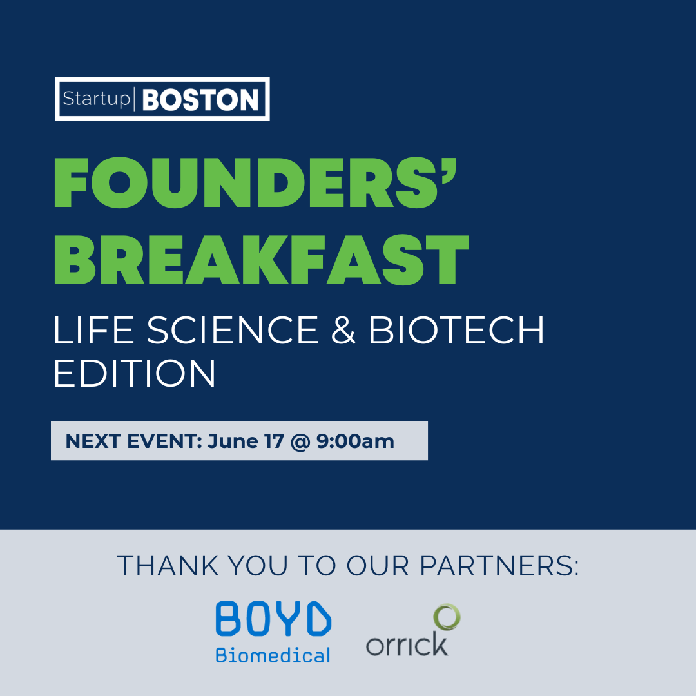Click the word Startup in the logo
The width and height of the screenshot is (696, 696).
[x=96, y=99]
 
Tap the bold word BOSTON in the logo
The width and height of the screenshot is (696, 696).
[x=200, y=99]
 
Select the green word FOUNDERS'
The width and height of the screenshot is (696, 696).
[x=255, y=182]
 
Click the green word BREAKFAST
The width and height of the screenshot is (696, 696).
[x=261, y=260]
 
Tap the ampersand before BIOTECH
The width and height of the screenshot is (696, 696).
[x=343, y=330]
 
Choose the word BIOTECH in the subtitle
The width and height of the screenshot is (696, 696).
[x=456, y=330]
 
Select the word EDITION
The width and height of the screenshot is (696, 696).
[x=135, y=373]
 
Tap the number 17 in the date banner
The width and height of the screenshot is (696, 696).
[x=274, y=441]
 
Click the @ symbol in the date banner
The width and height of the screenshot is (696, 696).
[x=300, y=442]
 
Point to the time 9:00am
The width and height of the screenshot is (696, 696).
[x=355, y=441]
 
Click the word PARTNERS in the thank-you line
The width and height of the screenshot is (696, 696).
[x=499, y=566]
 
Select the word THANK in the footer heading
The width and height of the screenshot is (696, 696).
[x=168, y=566]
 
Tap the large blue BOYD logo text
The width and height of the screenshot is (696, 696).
[x=273, y=619]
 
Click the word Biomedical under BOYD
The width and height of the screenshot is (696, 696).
[x=273, y=655]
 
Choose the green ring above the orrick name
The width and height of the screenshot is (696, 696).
[x=447, y=617]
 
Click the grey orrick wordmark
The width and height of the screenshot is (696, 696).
[x=407, y=644]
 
